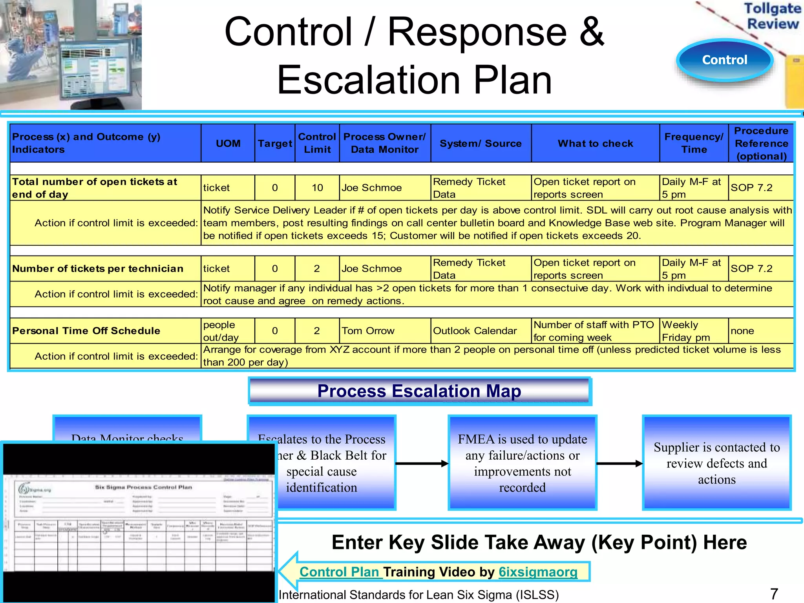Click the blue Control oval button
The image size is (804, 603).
coord(725,60)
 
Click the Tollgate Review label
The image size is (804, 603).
coord(772,16)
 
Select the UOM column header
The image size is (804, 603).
coord(228,143)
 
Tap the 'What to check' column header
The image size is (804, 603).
coord(595,143)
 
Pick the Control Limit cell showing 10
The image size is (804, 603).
coord(317,188)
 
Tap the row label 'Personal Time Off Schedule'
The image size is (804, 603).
coord(86,331)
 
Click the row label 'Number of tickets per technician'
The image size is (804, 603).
coord(98,269)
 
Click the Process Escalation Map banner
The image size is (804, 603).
coord(419,391)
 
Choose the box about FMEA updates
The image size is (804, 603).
coord(522,463)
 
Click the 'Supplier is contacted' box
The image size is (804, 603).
coord(716,463)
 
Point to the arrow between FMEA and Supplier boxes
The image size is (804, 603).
coord(619,464)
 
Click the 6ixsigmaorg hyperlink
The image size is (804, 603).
coord(538,572)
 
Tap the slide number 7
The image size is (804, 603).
coord(774,594)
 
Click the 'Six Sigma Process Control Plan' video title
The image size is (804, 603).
coord(143,487)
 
